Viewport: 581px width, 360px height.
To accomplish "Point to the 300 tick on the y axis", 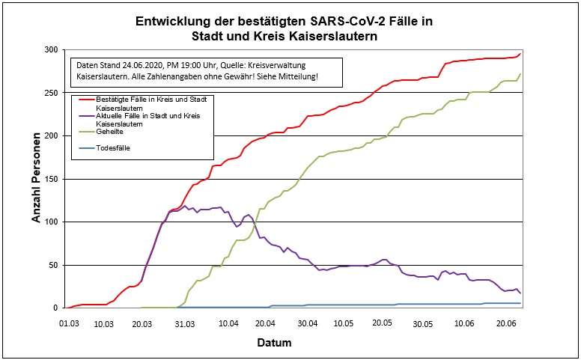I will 51,49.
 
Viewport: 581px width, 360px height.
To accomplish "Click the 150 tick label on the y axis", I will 51,179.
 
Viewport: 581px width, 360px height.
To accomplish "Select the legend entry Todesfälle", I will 113,147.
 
